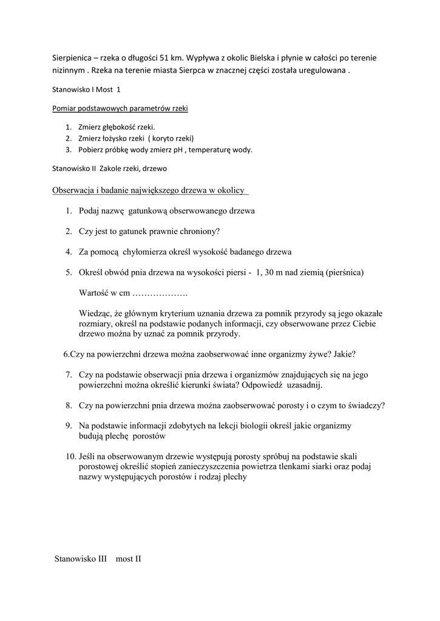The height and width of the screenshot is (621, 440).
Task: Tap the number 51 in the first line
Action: pos(166,58)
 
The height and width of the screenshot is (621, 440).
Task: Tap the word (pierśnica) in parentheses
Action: pos(345,272)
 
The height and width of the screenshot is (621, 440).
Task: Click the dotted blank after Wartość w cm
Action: pos(160,293)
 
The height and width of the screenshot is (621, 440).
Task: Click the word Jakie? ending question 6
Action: pos(344,354)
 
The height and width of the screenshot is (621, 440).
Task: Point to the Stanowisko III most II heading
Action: pos(98,559)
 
